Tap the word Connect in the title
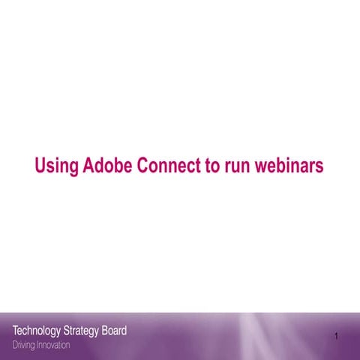[x=170, y=166]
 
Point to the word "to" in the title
[x=212, y=166]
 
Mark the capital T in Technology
[x=16, y=331]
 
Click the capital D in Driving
[x=15, y=345]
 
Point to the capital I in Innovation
[x=38, y=345]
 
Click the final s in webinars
[x=319, y=166]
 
